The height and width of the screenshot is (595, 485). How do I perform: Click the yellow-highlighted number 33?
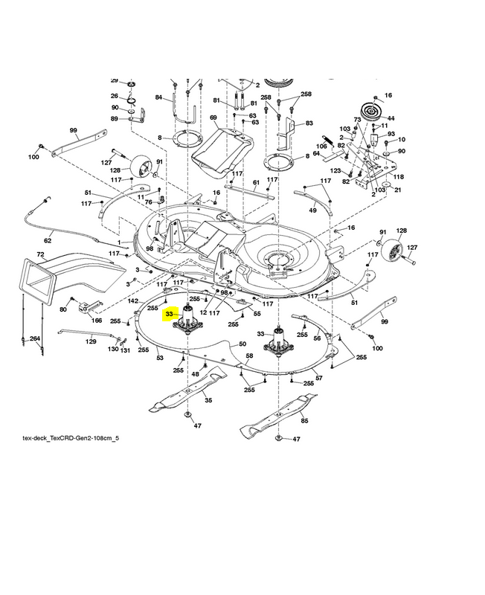pyautogui.click(x=170, y=315)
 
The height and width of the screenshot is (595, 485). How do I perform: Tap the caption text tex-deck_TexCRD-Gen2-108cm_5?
pyautogui.click(x=71, y=438)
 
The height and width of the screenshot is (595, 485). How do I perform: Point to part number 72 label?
pyautogui.click(x=41, y=255)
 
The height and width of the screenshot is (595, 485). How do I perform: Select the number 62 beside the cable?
pyautogui.click(x=48, y=240)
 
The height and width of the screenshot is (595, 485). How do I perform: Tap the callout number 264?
pyautogui.click(x=34, y=339)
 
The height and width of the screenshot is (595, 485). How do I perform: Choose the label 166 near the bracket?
pyautogui.click(x=96, y=321)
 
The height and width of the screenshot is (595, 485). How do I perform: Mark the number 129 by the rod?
pyautogui.click(x=91, y=341)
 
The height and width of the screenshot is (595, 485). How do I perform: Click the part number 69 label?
pyautogui.click(x=213, y=118)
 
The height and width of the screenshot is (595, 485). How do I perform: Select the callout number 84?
pyautogui.click(x=158, y=97)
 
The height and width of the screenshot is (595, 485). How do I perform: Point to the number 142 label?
pyautogui.click(x=133, y=301)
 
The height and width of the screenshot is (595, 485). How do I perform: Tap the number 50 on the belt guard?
pyautogui.click(x=242, y=344)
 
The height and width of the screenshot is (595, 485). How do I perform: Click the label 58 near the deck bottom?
pyautogui.click(x=250, y=356)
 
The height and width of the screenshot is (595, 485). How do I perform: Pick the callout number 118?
pyautogui.click(x=399, y=176)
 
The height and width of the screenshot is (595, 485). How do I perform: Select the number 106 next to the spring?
pyautogui.click(x=321, y=146)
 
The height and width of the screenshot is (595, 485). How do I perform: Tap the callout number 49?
pyautogui.click(x=312, y=210)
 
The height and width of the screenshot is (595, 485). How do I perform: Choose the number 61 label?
pyautogui.click(x=256, y=183)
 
